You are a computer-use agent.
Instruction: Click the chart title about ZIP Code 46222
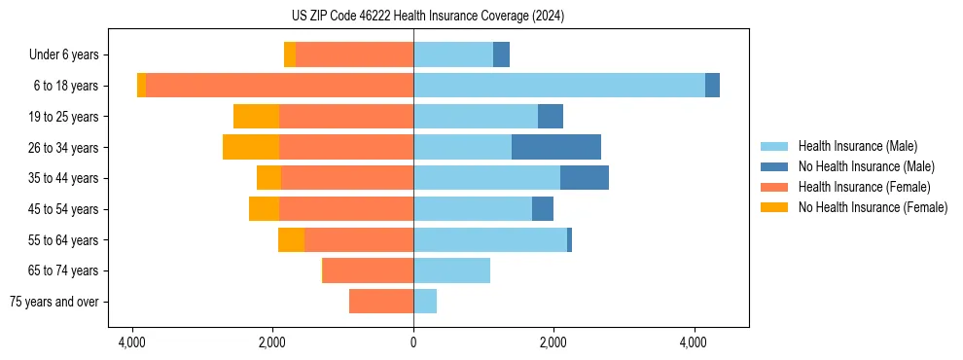[x=413, y=17]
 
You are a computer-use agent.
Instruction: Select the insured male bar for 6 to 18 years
[x=559, y=86]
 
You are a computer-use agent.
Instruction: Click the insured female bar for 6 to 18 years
[x=279, y=86]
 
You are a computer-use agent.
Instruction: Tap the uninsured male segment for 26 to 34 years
[x=556, y=147]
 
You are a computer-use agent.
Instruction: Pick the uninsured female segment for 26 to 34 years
[x=251, y=147]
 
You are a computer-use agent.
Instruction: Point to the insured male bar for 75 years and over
[x=425, y=302]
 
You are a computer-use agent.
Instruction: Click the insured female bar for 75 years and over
[x=381, y=302]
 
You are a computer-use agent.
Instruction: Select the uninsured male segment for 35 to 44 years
[x=585, y=178]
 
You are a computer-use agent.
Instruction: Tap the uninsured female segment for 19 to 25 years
[x=256, y=117]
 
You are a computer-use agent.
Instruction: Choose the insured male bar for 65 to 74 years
[x=451, y=270]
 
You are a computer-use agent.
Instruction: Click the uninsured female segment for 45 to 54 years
[x=264, y=209]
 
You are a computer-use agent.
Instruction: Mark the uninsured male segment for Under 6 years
[x=501, y=54]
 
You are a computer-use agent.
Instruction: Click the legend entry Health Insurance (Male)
[x=857, y=146]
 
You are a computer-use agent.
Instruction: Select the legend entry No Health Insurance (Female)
[x=873, y=207]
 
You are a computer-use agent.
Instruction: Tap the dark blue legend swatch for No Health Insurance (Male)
[x=774, y=166]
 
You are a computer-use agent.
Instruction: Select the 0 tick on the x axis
[x=413, y=342]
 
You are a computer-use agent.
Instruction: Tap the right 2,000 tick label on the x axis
[x=553, y=342]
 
